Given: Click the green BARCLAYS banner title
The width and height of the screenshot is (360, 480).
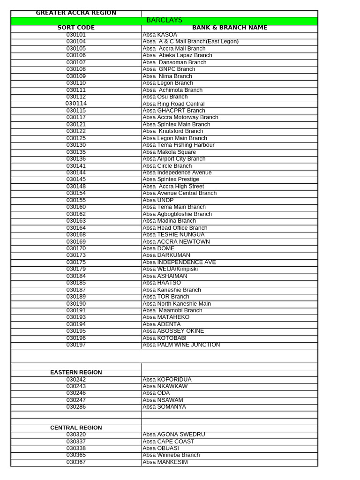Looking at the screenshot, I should click(x=164, y=21).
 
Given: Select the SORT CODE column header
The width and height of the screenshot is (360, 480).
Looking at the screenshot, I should click(x=76, y=28).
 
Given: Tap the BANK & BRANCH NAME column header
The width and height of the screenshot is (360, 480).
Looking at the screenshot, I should click(x=229, y=28).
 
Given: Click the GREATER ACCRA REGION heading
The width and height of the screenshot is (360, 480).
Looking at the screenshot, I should click(x=76, y=13).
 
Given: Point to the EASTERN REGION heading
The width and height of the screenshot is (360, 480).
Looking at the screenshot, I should click(x=76, y=373).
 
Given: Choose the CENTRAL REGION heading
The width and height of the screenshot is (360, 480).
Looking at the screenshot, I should click(x=76, y=428).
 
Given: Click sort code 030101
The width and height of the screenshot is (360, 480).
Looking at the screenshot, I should click(x=76, y=35).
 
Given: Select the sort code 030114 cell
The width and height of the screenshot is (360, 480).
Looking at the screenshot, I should click(x=76, y=104).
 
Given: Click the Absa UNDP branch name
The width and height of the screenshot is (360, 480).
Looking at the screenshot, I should click(x=158, y=200).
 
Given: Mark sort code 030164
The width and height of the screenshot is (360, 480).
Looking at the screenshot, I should click(x=76, y=228).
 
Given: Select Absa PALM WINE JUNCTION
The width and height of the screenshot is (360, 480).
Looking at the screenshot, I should click(x=181, y=345).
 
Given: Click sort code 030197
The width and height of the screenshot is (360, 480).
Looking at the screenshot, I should click(x=76, y=345).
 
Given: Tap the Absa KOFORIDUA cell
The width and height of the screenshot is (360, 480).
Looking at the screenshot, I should click(x=167, y=380).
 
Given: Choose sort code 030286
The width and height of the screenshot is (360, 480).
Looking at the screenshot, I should click(x=76, y=407).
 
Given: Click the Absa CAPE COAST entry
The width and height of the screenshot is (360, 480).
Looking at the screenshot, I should click(x=168, y=442).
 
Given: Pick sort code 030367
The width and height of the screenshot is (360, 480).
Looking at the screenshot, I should click(x=76, y=462).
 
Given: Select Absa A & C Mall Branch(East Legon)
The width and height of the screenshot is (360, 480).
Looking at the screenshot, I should click(x=190, y=42).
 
